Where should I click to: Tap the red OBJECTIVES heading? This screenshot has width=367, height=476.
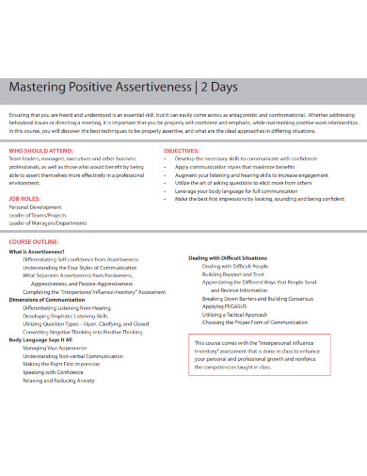[x=182, y=150]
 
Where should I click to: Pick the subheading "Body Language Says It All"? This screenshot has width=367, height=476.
[x=46, y=338]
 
